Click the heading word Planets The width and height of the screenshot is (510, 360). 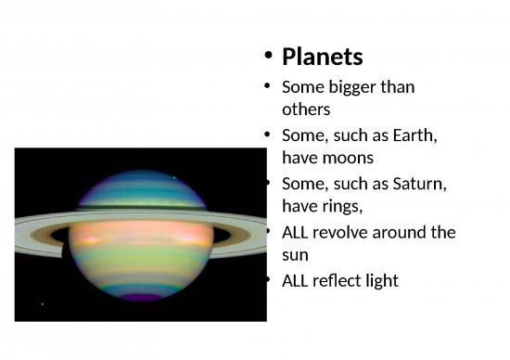coord(322,57)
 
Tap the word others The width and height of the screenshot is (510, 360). coord(305,109)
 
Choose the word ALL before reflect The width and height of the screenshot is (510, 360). coord(296,280)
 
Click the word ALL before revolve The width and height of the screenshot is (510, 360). coord(296,232)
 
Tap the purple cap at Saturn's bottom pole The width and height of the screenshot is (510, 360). coord(141,297)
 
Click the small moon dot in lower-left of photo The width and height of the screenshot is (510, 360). coord(43,302)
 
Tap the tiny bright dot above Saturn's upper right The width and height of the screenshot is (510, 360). coord(173,177)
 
